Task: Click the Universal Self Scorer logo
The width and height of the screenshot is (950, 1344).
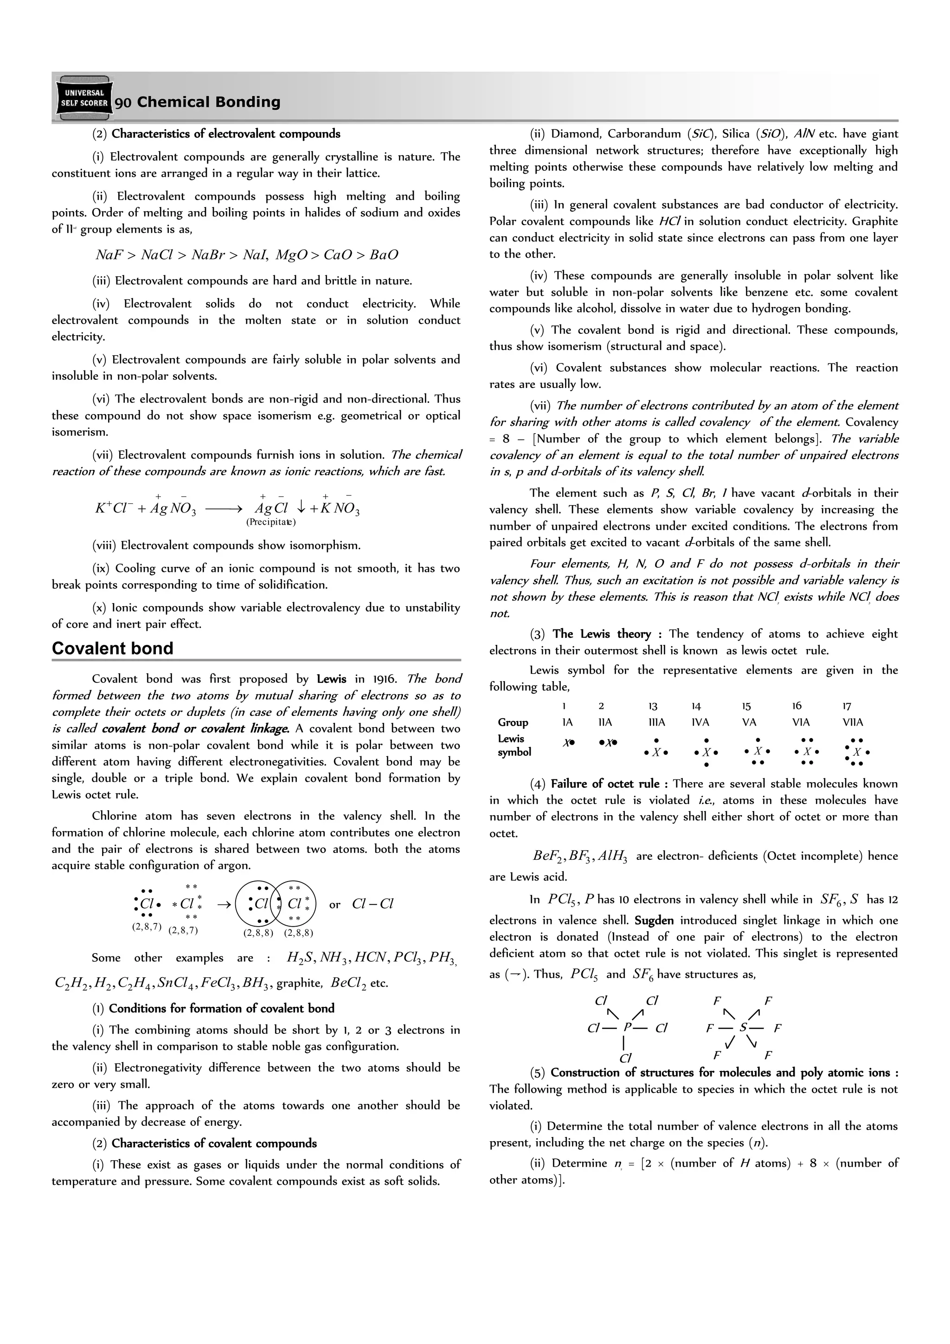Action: click(83, 98)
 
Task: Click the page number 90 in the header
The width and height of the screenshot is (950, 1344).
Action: click(123, 103)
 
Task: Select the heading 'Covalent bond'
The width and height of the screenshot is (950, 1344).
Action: click(112, 648)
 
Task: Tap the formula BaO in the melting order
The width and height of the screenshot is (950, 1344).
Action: click(385, 254)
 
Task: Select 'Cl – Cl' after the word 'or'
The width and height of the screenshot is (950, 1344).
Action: click(372, 904)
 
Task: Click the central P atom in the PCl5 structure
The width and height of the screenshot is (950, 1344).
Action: click(627, 1027)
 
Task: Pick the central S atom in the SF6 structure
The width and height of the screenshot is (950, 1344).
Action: click(744, 1027)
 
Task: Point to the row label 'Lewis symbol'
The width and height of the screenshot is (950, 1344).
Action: click(514, 745)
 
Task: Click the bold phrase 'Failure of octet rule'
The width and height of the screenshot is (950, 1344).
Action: click(604, 784)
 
